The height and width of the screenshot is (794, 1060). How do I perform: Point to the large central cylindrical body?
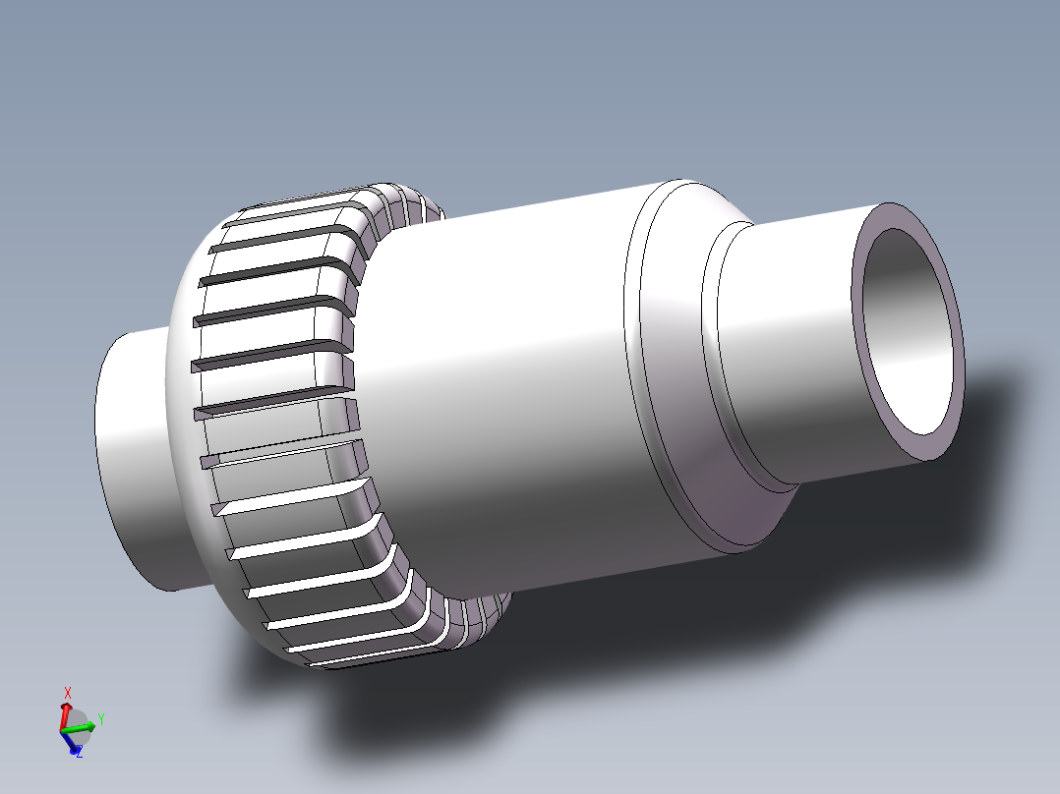point(492,393)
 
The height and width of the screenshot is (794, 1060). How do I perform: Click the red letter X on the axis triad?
point(67,692)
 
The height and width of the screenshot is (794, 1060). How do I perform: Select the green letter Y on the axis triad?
point(100,718)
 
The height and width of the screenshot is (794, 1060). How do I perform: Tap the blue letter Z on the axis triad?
point(79,754)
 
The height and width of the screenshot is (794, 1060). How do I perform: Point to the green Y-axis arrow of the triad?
point(83,727)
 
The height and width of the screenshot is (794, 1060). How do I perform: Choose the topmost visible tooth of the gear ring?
point(295,206)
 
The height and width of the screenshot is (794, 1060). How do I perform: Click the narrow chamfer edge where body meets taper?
point(634,373)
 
